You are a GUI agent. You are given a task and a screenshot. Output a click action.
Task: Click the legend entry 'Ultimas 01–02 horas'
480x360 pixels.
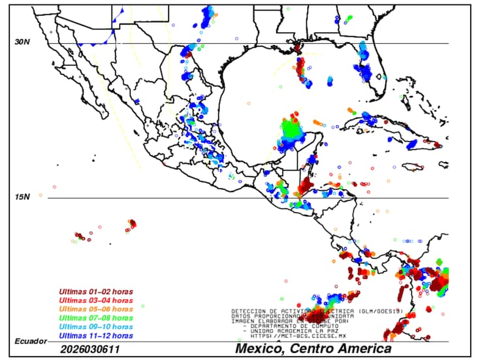click(96, 291)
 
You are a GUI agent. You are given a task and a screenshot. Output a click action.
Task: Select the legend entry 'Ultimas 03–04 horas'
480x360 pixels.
click(96, 300)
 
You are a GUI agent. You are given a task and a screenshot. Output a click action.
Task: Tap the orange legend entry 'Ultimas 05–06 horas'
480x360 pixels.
click(96, 308)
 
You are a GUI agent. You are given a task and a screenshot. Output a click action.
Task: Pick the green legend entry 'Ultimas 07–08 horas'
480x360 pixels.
click(96, 318)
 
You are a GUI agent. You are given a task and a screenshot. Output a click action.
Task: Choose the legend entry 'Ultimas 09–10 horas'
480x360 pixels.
click(96, 326)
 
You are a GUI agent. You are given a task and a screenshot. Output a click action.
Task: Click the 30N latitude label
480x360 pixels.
click(23, 42)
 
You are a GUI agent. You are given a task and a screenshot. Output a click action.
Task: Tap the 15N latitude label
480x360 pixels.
click(23, 197)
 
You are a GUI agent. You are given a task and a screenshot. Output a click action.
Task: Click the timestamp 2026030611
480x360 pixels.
click(90, 350)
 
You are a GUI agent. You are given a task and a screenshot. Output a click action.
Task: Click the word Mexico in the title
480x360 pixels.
click(260, 349)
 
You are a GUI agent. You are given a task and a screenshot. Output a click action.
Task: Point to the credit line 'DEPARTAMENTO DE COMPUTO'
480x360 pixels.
click(294, 326)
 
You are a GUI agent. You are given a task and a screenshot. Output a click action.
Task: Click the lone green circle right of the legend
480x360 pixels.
click(142, 306)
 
